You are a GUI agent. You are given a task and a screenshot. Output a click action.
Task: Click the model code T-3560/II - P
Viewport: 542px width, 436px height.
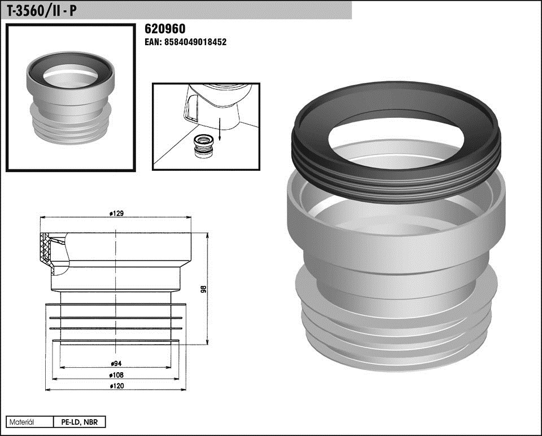pyautogui.click(x=42, y=11)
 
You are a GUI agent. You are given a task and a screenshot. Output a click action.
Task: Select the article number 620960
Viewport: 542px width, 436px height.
pyautogui.click(x=165, y=29)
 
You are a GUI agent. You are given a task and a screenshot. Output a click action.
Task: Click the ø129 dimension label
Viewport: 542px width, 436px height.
pyautogui.click(x=116, y=213)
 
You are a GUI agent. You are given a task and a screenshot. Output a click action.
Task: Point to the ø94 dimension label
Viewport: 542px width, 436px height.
pyautogui.click(x=116, y=363)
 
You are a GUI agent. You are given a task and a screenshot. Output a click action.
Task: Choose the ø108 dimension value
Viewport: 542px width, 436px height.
pyautogui.click(x=116, y=375)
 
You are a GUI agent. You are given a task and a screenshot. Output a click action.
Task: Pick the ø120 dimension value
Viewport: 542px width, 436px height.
pyautogui.click(x=116, y=386)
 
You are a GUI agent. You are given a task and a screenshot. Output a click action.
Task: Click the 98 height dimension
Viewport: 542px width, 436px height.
pyautogui.click(x=203, y=289)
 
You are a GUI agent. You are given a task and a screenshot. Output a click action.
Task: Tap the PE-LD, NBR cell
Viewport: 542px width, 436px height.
pyautogui.click(x=79, y=422)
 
